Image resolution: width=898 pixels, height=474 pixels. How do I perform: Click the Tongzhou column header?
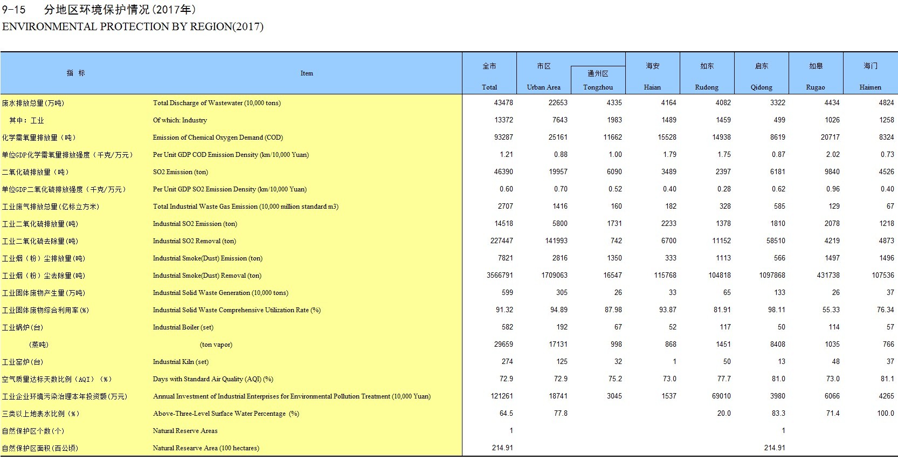pos(598,87)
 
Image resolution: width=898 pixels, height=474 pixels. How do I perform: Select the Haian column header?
pos(652,87)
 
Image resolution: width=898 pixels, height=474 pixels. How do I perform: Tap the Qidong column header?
pos(761,87)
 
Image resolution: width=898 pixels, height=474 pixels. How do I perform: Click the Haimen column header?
pos(870,87)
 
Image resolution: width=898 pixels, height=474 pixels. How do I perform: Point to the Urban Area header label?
pos(543,87)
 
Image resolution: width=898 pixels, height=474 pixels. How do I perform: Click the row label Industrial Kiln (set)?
pos(181,362)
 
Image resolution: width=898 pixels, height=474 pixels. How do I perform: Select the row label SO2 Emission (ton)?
pos(180,172)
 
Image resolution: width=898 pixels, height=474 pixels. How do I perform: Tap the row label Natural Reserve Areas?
pos(185,431)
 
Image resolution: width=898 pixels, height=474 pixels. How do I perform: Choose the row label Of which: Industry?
pos(179,120)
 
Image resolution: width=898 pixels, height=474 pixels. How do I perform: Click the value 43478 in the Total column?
pos(503,102)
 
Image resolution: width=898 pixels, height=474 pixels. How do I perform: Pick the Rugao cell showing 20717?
pos(830,137)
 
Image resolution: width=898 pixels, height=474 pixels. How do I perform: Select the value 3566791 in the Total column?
pos(500,275)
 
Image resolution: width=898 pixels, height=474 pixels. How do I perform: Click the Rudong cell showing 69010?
pos(721,396)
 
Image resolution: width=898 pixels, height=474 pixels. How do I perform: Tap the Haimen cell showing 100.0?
pos(885,413)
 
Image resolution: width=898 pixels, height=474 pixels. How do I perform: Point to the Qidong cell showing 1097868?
pos(772,275)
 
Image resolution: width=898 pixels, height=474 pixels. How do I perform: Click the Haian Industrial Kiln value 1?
pos(674,361)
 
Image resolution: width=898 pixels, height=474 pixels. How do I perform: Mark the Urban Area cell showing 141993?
pos(556,241)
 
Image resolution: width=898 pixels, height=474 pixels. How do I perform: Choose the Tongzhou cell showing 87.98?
pos(613,310)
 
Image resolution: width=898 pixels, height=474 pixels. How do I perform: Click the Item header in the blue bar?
pos(307,73)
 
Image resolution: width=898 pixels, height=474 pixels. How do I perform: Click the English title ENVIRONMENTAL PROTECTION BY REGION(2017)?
pos(133,26)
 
